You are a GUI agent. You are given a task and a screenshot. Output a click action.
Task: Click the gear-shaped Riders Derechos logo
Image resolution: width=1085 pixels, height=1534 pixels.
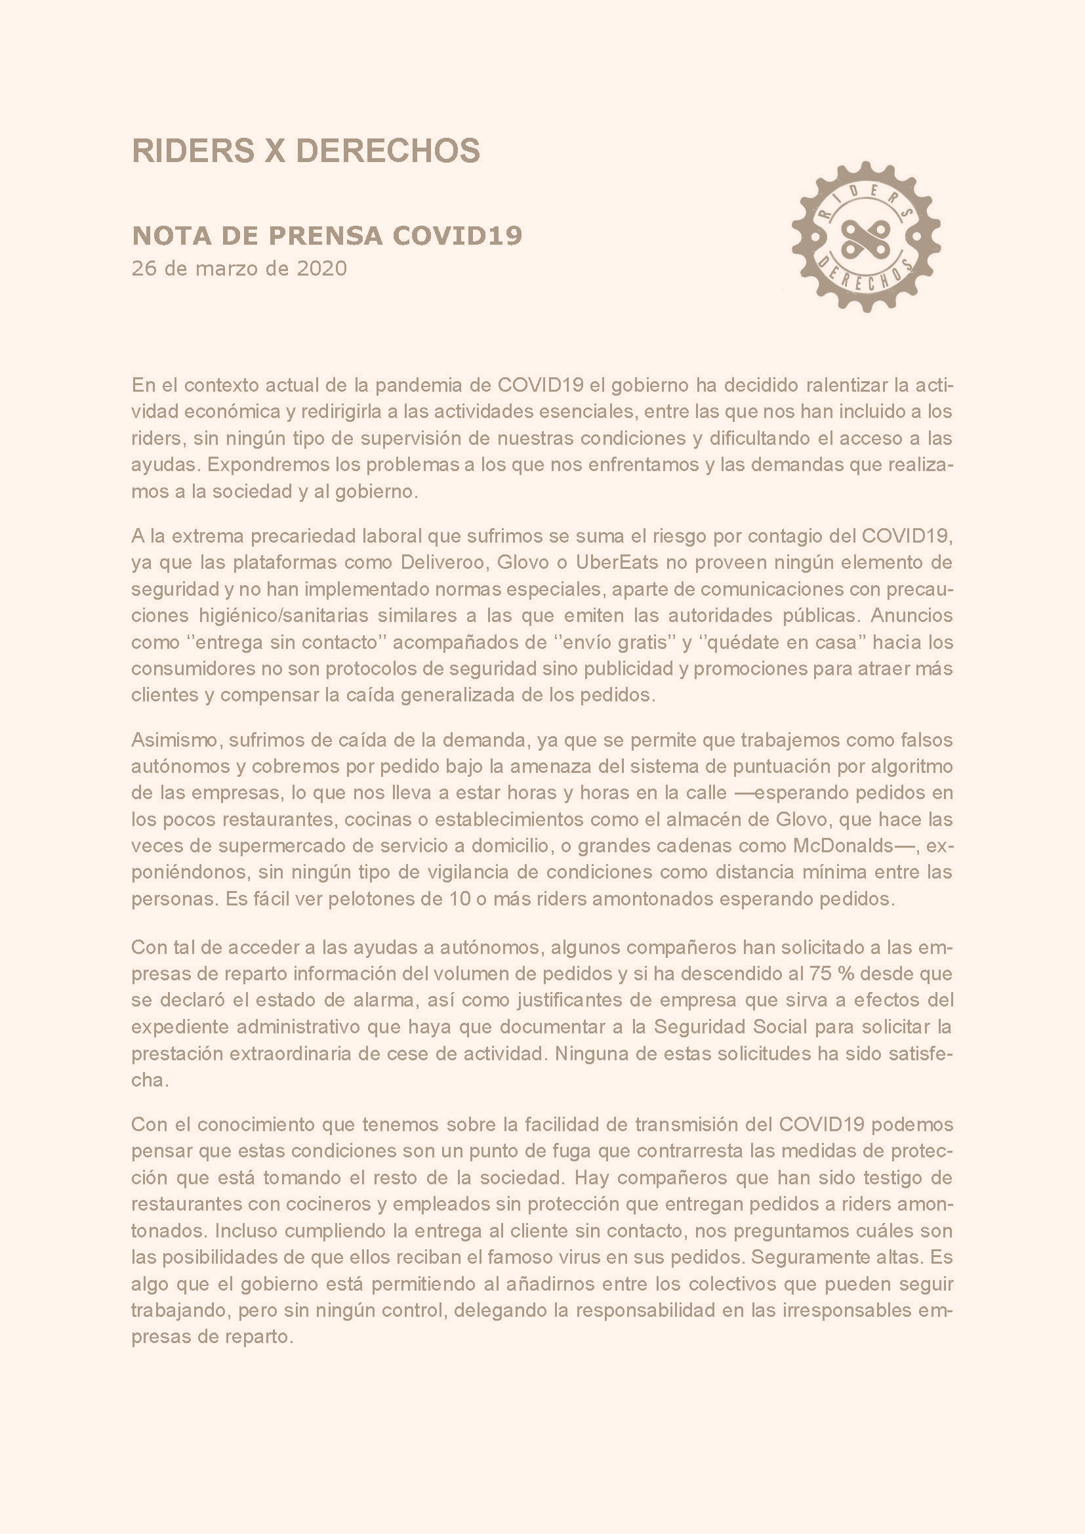point(865,236)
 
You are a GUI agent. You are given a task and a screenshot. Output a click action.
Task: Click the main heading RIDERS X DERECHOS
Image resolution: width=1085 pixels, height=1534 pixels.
point(306,151)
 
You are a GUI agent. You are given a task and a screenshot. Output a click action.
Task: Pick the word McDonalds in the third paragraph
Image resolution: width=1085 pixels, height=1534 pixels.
point(842,845)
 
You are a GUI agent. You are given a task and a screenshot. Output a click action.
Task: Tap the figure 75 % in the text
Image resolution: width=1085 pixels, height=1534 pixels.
point(831,973)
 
